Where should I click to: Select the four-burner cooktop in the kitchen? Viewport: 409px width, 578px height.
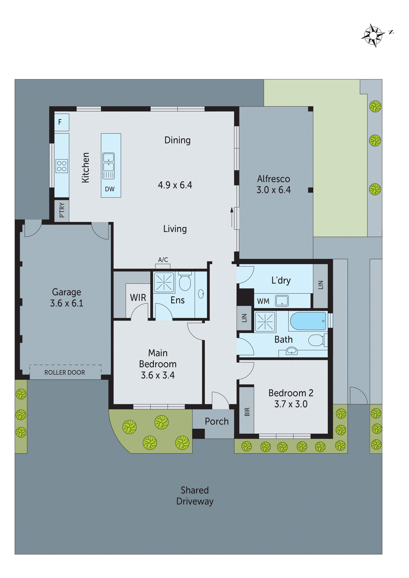62,166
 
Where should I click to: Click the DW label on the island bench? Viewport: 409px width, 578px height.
110,189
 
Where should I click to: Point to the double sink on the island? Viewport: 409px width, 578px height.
109,163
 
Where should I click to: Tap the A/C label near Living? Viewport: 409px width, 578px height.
163,260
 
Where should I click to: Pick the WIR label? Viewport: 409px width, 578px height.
138,298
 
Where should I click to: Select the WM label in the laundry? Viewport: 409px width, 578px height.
263,301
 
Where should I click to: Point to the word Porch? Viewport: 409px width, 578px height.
217,421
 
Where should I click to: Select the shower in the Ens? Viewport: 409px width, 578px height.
164,282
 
